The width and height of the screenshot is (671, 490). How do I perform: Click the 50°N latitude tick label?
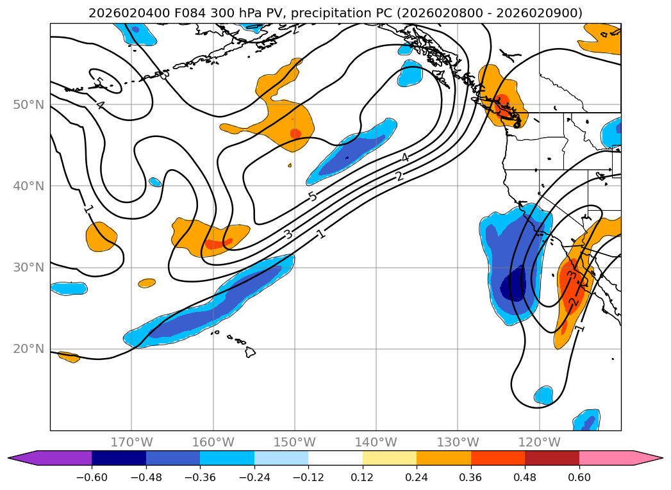[28, 105]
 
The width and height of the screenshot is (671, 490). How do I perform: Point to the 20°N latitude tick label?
[28, 349]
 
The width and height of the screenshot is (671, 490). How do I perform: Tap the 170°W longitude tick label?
[132, 442]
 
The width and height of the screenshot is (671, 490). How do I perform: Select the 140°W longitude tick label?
[376, 442]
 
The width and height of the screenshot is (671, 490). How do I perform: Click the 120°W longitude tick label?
[539, 442]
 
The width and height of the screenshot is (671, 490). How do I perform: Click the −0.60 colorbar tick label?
[92, 477]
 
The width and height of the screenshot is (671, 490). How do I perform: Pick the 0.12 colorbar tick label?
[363, 477]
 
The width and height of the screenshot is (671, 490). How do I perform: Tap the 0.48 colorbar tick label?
[525, 477]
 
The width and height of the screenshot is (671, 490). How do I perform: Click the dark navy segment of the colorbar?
[119, 458]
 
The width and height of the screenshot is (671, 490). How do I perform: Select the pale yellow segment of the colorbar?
[390, 458]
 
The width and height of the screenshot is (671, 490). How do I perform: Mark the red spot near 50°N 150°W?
[295, 133]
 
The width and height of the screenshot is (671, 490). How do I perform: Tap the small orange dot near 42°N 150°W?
[290, 165]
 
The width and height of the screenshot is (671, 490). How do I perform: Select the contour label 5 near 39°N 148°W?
[313, 196]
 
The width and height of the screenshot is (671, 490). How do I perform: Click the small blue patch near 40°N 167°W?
[155, 182]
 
